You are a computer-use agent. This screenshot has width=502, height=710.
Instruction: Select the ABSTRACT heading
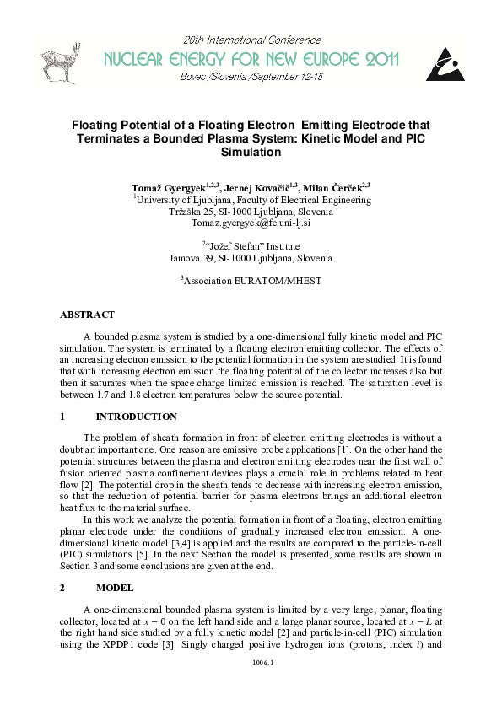[87, 315]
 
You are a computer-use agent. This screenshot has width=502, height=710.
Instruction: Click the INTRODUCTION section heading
[137, 417]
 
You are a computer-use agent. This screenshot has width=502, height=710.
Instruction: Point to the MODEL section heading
[116, 586]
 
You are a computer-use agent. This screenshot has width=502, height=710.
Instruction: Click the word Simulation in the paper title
[251, 153]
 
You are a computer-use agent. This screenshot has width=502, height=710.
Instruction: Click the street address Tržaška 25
[195, 212]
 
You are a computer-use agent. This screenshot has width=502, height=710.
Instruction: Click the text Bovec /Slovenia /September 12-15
[251, 76]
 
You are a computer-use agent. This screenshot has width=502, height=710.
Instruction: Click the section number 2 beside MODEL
[62, 586]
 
